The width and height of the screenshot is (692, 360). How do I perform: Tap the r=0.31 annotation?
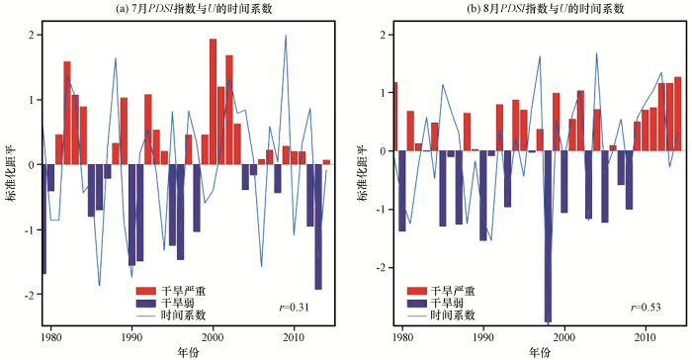pyautogui.click(x=294, y=307)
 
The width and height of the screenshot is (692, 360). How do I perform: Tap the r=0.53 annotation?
pyautogui.click(x=646, y=307)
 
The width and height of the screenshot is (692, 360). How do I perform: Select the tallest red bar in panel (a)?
pyautogui.click(x=213, y=102)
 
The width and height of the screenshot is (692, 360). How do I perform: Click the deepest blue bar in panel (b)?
pyautogui.click(x=548, y=236)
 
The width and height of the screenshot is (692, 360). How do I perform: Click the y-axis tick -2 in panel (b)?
pyautogui.click(x=382, y=268)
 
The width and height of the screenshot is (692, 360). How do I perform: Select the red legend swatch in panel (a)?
pyautogui.click(x=145, y=291)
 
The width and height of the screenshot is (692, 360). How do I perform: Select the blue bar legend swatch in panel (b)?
pyautogui.click(x=416, y=304)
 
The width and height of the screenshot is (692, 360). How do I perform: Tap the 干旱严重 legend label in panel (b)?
pyautogui.click(x=453, y=291)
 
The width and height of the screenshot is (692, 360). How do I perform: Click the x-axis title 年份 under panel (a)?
pyautogui.click(x=189, y=352)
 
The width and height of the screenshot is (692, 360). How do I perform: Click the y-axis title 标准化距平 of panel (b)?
pyautogui.click(x=363, y=174)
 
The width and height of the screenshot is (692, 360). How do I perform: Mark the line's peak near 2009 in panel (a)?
pyautogui.click(x=286, y=36)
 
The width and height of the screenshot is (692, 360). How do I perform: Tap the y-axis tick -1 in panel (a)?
pyautogui.click(x=30, y=229)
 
